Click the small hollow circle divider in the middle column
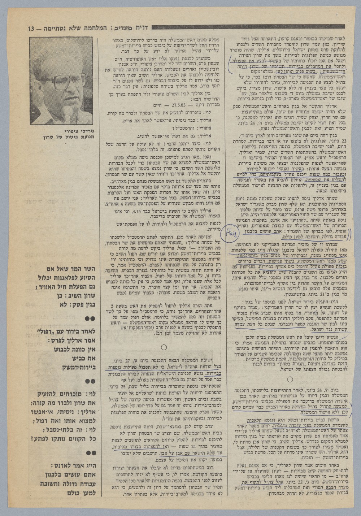click(x=163, y=347)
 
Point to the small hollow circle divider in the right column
click(x=290, y=379)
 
